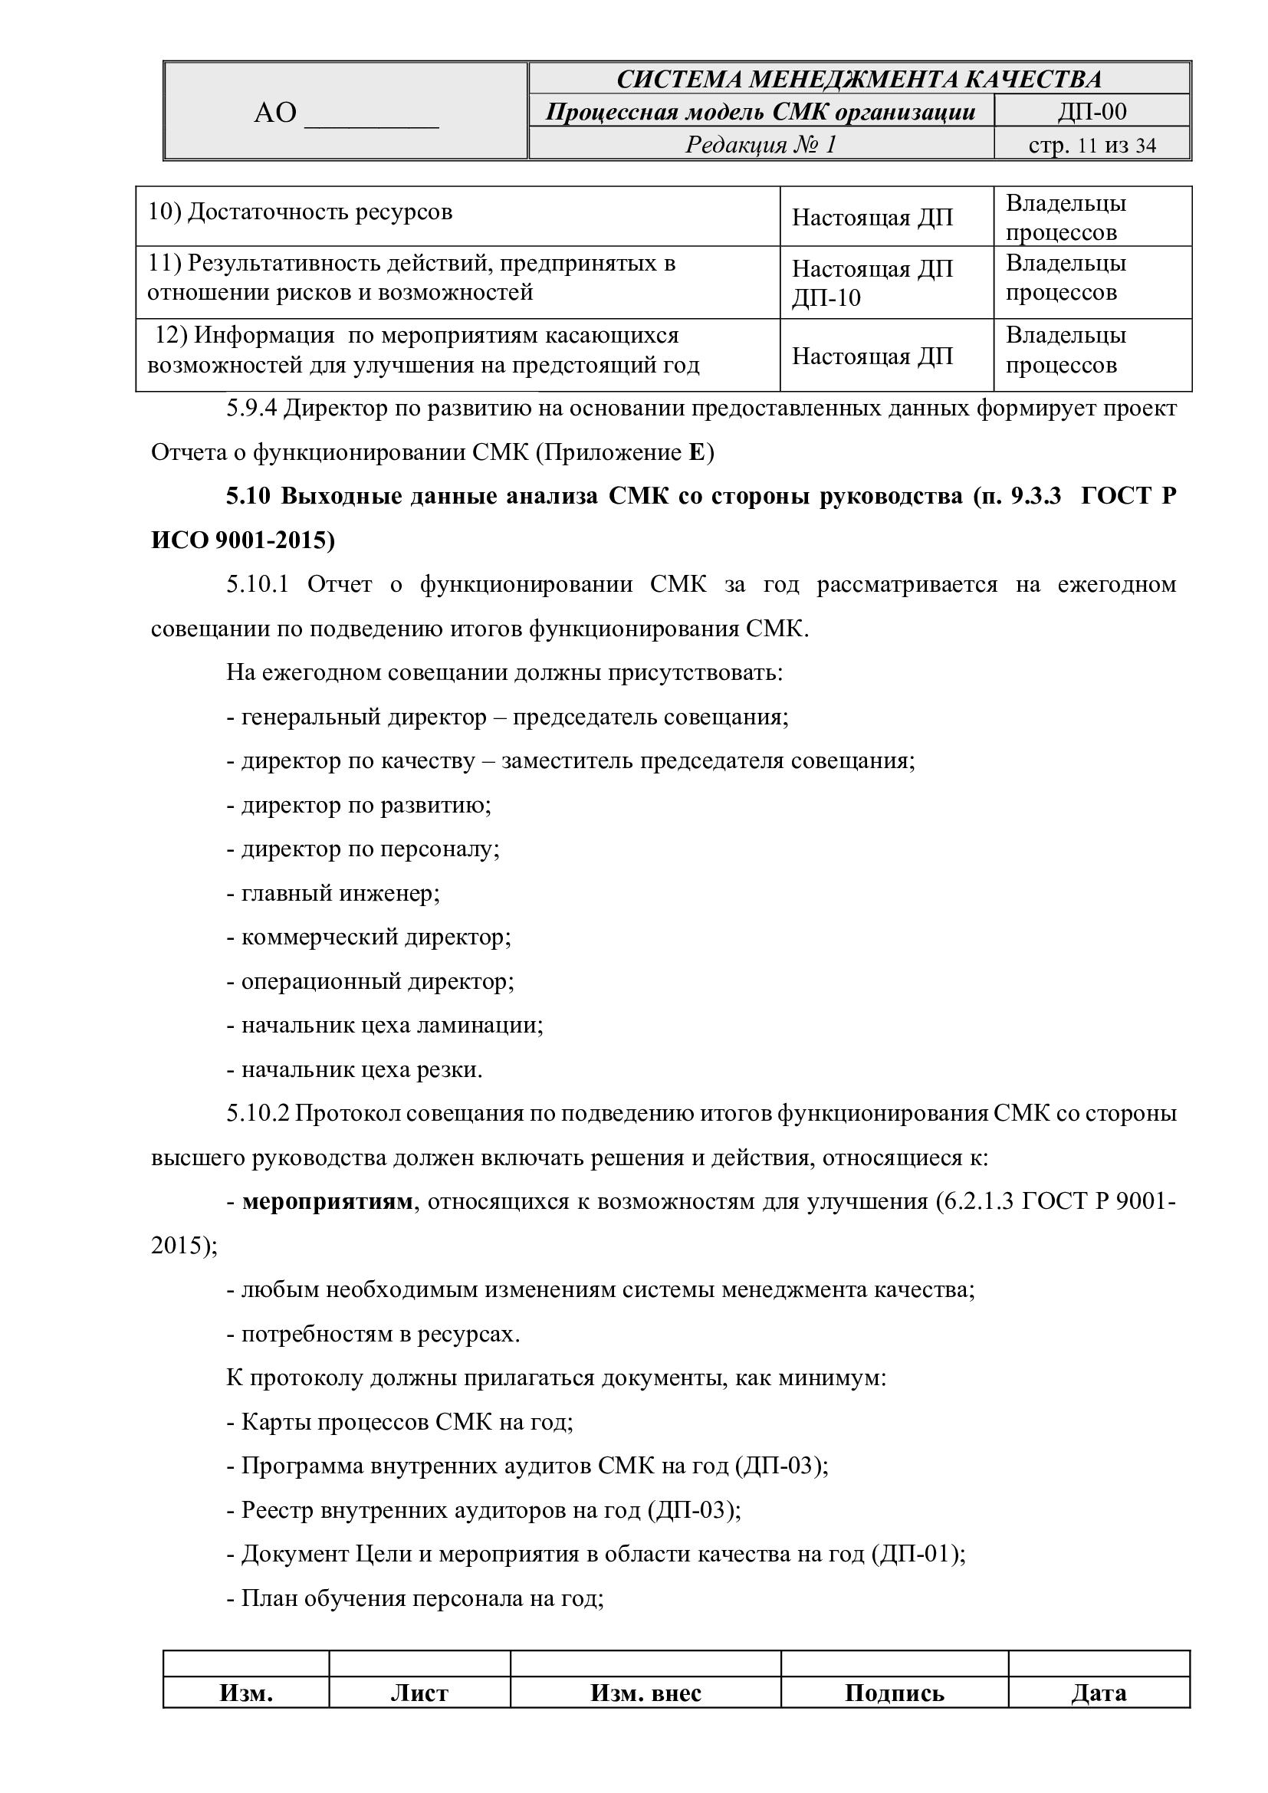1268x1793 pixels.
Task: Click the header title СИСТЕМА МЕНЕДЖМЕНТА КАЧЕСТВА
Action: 859,79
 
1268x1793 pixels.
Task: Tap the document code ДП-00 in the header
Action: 1092,112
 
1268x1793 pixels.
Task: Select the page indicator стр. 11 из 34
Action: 1092,145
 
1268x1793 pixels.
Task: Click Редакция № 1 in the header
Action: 760,144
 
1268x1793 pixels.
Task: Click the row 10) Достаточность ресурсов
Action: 301,212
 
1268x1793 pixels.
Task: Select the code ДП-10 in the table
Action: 826,298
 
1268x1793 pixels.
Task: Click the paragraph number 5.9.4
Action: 251,409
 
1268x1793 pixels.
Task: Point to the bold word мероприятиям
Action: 327,1201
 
